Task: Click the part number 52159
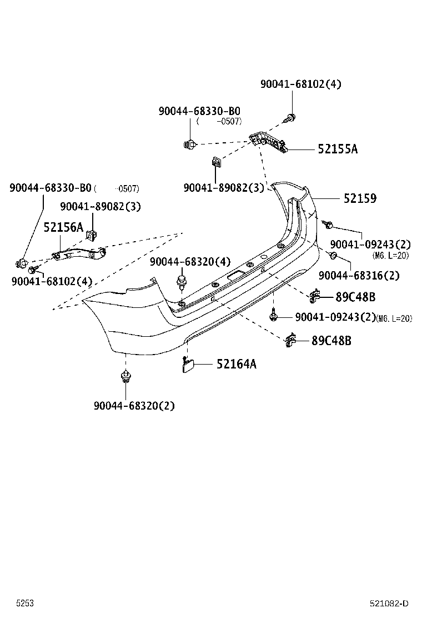pos(359,198)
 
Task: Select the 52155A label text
pos(338,149)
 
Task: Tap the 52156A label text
pos(63,227)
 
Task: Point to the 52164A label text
pos(237,364)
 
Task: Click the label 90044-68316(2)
pos(359,275)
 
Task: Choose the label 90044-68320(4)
pos(189,261)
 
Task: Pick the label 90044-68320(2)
pos(134,406)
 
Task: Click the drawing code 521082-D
pos(390,604)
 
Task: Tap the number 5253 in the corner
pos(24,604)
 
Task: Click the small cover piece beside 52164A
pos(188,365)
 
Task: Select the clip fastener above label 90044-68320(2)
pos(125,378)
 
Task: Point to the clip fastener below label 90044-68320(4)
pos(181,281)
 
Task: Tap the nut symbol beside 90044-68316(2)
pos(334,256)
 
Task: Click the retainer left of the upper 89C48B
pos(315,295)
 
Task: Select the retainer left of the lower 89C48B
pos(290,339)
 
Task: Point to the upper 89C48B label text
pos(355,297)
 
